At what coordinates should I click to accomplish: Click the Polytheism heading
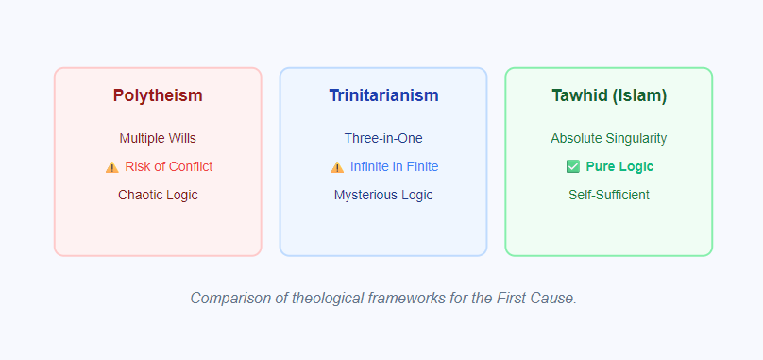[158, 95]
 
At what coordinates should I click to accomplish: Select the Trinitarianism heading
[383, 95]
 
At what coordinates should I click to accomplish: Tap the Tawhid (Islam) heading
[609, 95]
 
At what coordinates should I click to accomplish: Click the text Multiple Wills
[158, 138]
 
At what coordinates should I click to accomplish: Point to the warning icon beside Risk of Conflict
[112, 167]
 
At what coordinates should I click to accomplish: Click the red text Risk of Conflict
[168, 166]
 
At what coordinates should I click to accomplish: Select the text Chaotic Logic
[158, 195]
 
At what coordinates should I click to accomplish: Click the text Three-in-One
[383, 138]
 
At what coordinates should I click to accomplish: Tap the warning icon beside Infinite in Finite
[337, 167]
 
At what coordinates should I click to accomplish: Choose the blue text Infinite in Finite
[394, 166]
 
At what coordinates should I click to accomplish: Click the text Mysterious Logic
[383, 195]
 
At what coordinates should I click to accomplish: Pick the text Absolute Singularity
[609, 138]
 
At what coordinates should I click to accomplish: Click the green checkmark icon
[572, 166]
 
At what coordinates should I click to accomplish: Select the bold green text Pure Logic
[619, 166]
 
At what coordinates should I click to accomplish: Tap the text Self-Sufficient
[609, 195]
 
